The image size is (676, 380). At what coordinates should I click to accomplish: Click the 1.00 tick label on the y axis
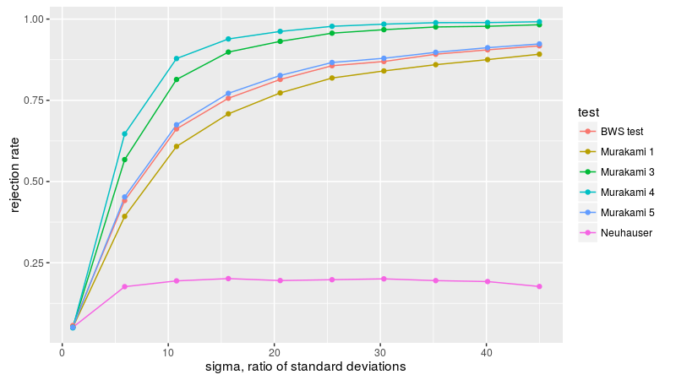tap(38, 19)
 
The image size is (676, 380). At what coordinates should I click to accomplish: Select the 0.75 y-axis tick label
tap(38, 100)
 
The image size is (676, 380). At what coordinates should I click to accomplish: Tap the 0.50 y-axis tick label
tap(38, 182)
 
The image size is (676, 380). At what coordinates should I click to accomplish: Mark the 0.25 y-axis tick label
tap(38, 263)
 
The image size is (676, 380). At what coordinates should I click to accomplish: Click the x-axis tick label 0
tap(63, 351)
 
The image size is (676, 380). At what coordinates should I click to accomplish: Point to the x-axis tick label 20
tap(274, 351)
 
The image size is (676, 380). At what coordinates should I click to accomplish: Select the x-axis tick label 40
tap(486, 351)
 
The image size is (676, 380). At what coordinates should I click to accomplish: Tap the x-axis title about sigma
tap(306, 367)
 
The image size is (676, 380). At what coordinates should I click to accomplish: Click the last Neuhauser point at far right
tap(539, 287)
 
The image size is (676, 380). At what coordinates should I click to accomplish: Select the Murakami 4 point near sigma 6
tap(124, 134)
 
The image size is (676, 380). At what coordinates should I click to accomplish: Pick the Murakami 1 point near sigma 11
tap(176, 147)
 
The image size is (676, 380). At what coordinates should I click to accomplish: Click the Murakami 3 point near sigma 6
tap(124, 160)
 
